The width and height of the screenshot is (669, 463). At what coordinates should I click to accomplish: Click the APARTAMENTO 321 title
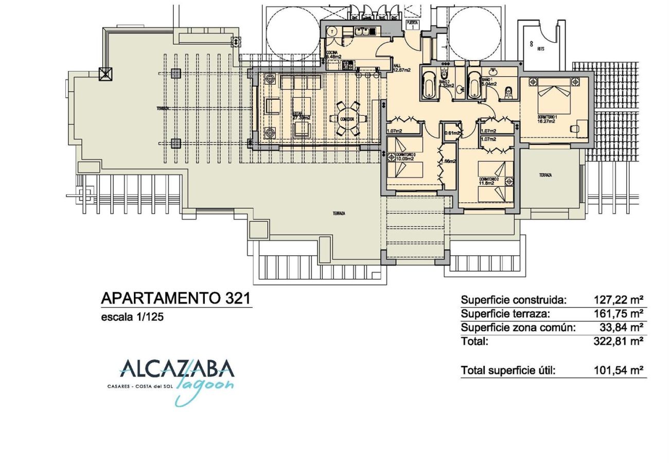(176, 298)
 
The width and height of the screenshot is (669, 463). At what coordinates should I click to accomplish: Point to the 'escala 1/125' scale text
(132, 317)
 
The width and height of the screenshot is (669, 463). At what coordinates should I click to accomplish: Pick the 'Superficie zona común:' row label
(518, 328)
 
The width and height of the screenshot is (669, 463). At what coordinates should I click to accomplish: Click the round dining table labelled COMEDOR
(348, 119)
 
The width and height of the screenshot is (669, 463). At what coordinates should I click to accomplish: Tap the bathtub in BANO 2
(428, 85)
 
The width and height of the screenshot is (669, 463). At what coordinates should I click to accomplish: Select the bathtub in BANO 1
(474, 85)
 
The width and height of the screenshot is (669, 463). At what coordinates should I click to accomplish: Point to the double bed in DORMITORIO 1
(554, 95)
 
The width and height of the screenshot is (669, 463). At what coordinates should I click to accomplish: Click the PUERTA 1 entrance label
(412, 24)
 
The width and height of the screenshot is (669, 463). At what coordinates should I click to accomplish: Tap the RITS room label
(540, 49)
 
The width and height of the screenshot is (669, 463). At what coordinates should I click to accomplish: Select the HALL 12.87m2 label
(401, 68)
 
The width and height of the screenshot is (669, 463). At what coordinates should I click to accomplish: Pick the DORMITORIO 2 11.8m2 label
(487, 181)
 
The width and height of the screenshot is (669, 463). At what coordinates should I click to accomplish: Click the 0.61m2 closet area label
(452, 133)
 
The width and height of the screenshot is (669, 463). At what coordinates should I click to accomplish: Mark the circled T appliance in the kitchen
(332, 31)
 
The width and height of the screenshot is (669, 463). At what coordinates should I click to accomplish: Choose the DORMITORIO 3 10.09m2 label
(406, 157)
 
